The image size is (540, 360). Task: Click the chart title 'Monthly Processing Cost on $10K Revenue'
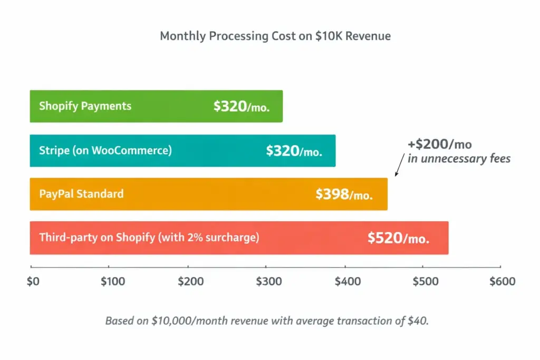275,36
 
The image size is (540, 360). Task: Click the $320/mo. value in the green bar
242,106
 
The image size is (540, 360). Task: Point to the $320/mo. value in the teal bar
294,151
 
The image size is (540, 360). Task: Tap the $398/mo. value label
344,194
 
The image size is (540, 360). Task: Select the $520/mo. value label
398,238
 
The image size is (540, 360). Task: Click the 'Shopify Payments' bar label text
85,106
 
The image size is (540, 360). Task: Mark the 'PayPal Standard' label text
81,194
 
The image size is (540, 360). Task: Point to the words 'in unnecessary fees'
459,159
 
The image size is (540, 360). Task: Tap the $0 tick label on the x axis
33,282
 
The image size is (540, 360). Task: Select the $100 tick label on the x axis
113,282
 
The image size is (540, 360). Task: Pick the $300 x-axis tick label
269,282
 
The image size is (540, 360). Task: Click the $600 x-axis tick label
502,282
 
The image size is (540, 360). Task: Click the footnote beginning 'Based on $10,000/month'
267,321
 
